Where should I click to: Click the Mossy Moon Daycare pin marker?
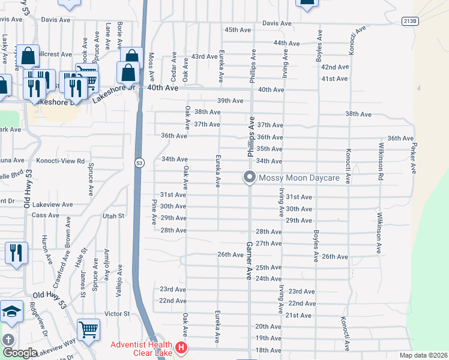249,178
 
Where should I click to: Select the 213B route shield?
409,20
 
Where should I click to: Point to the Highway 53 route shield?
139,163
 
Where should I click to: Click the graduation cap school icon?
11,312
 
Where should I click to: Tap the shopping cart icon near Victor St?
88,329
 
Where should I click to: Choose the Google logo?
20,353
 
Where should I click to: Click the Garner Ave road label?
249,261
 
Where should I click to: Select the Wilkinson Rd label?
379,161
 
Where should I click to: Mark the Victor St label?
117,314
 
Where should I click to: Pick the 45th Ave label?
237,29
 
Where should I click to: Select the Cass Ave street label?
46,215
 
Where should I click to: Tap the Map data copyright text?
423,355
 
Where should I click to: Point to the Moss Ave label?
152,68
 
